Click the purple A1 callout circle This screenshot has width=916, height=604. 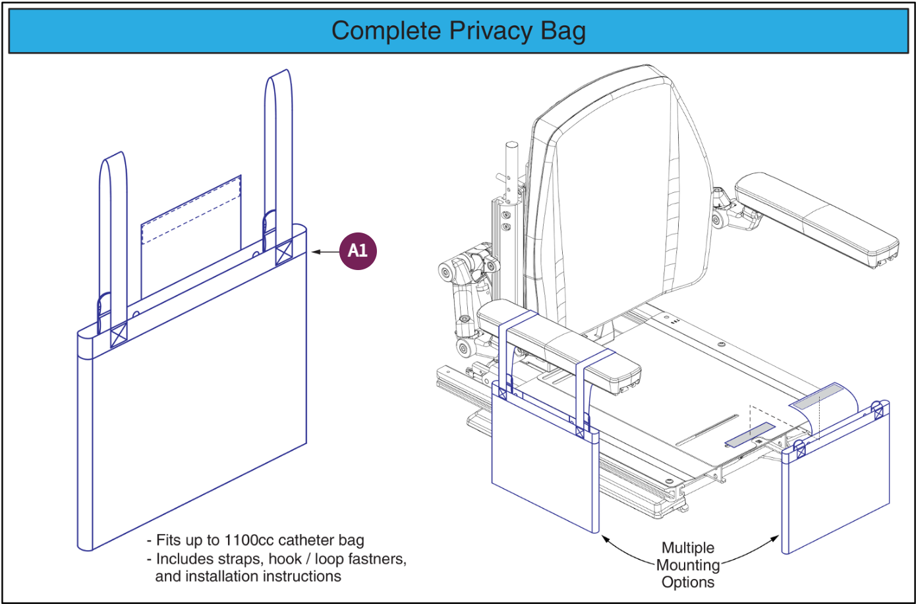click(358, 251)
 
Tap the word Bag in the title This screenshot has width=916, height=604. click(563, 31)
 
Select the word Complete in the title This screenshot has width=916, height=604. click(386, 31)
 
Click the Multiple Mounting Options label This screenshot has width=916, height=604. click(688, 565)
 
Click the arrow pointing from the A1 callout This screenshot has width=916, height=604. click(326, 252)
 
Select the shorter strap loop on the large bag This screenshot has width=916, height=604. click(113, 231)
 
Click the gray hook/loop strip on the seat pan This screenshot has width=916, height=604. click(750, 434)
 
